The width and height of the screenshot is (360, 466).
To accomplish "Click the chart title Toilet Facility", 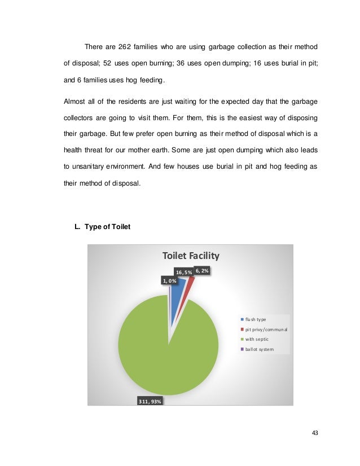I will point(191,256).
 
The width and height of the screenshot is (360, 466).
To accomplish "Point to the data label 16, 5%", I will point(183,272).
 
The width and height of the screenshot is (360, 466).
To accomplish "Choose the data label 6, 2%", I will point(203,271).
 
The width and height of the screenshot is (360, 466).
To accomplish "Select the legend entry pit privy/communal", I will point(265,329).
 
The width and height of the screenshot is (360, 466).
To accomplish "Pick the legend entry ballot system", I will point(260,349).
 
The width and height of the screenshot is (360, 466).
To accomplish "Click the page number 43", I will point(315,433).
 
